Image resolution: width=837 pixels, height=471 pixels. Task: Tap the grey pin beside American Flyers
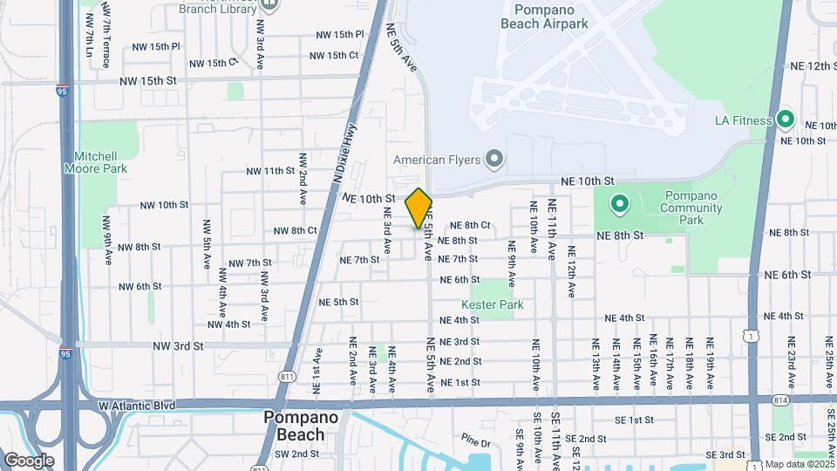coord(495,159)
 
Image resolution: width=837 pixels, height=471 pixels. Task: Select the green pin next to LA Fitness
coord(786,120)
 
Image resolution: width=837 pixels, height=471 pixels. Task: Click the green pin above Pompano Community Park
coord(620,205)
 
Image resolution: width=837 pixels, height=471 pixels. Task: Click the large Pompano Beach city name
coord(294,427)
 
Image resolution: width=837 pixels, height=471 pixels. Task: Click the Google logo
coord(29,460)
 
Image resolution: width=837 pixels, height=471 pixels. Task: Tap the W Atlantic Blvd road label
coord(136,406)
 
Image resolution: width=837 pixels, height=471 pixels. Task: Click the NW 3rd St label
coord(175,345)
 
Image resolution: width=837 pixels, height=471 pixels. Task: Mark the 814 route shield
coord(779,399)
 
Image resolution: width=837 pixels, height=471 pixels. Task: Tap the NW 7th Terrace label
coord(105,35)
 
